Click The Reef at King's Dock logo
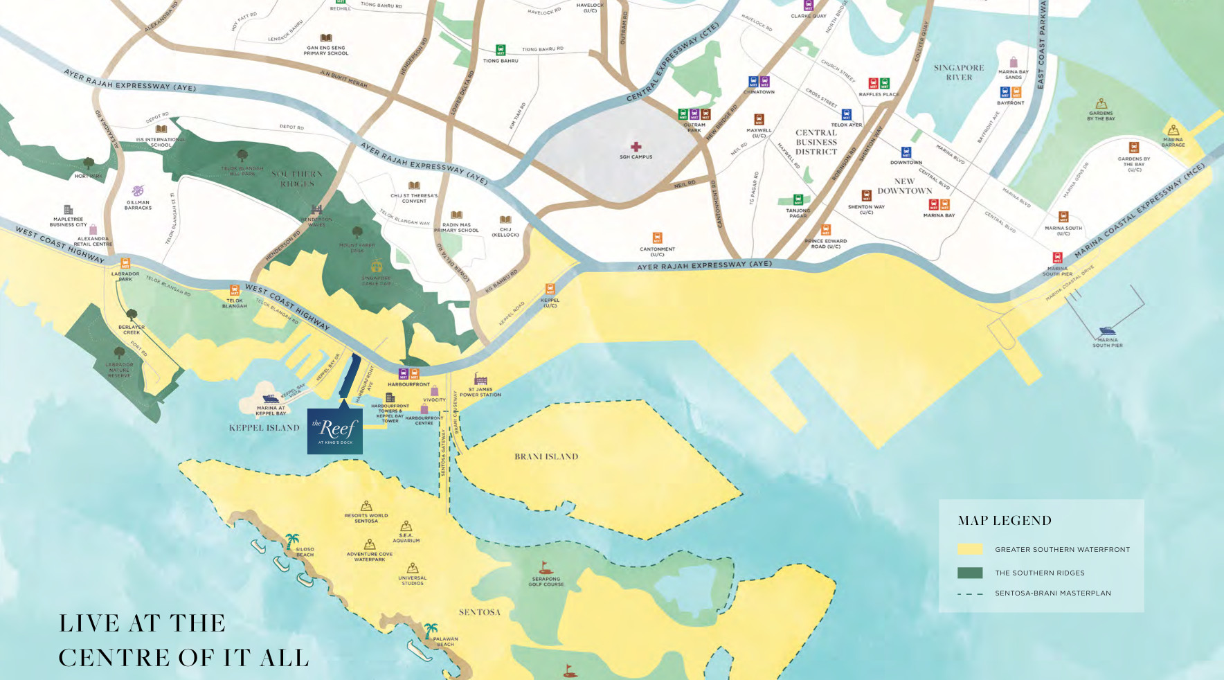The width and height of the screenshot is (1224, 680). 335,430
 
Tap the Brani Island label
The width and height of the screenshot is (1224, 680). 546,456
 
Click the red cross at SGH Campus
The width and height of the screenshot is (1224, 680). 636,147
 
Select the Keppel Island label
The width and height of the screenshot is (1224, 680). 264,428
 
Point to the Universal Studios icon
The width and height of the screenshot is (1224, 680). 413,569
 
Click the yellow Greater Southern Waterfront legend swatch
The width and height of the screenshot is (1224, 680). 970,549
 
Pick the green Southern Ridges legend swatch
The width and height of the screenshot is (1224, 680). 970,573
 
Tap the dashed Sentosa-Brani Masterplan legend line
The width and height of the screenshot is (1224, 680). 970,593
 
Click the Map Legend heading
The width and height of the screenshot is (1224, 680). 1005,521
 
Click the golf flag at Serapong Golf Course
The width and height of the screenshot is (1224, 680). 546,569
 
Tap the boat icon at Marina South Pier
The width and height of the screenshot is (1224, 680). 1107,331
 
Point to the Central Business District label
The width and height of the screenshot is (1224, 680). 816,142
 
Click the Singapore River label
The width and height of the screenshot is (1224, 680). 959,72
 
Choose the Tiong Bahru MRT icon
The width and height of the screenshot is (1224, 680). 501,50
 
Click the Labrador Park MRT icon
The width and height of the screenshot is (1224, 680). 125,263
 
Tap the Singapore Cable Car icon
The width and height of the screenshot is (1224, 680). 377,265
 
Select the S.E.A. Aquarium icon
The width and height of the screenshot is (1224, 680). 406,526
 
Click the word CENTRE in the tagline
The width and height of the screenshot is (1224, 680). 114,657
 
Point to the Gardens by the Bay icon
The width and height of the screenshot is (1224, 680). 1101,104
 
